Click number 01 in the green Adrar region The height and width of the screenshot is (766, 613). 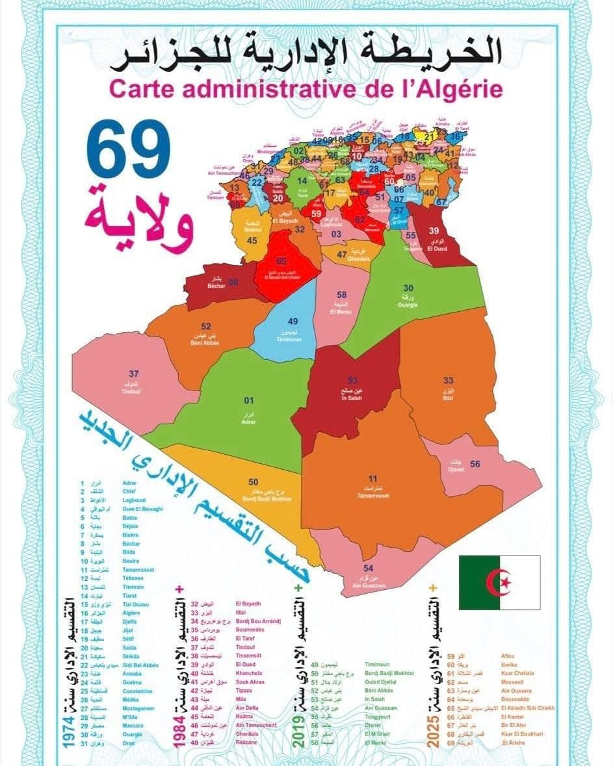pyautogui.click(x=248, y=400)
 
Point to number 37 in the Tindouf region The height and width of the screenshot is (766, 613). pyautogui.click(x=134, y=374)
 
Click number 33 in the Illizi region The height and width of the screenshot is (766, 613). pyautogui.click(x=449, y=381)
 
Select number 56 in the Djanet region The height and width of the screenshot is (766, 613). pyautogui.click(x=475, y=464)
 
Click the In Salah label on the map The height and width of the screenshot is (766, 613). pyautogui.click(x=351, y=397)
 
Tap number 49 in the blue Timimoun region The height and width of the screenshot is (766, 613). pyautogui.click(x=293, y=321)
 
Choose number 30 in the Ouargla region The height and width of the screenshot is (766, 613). pyautogui.click(x=408, y=288)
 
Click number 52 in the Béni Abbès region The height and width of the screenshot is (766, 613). pyautogui.click(x=207, y=326)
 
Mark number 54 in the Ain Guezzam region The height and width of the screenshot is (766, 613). pyautogui.click(x=369, y=567)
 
